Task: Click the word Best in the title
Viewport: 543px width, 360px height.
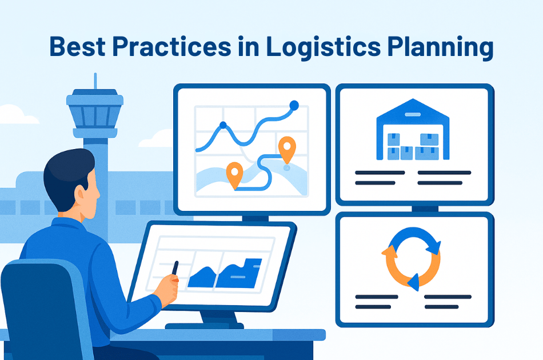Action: (x=78, y=46)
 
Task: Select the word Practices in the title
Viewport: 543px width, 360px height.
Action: (x=172, y=46)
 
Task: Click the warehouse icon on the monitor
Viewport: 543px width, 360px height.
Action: (x=413, y=130)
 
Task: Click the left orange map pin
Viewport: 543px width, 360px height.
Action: (x=234, y=175)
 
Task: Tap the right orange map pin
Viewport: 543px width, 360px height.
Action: (x=287, y=150)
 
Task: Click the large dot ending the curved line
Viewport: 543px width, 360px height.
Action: (x=294, y=105)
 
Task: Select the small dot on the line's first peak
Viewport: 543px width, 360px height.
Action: (x=223, y=125)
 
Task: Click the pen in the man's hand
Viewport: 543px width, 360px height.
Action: (x=175, y=269)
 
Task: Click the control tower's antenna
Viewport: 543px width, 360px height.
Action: (x=95, y=81)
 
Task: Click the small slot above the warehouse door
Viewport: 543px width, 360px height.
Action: (x=413, y=114)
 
